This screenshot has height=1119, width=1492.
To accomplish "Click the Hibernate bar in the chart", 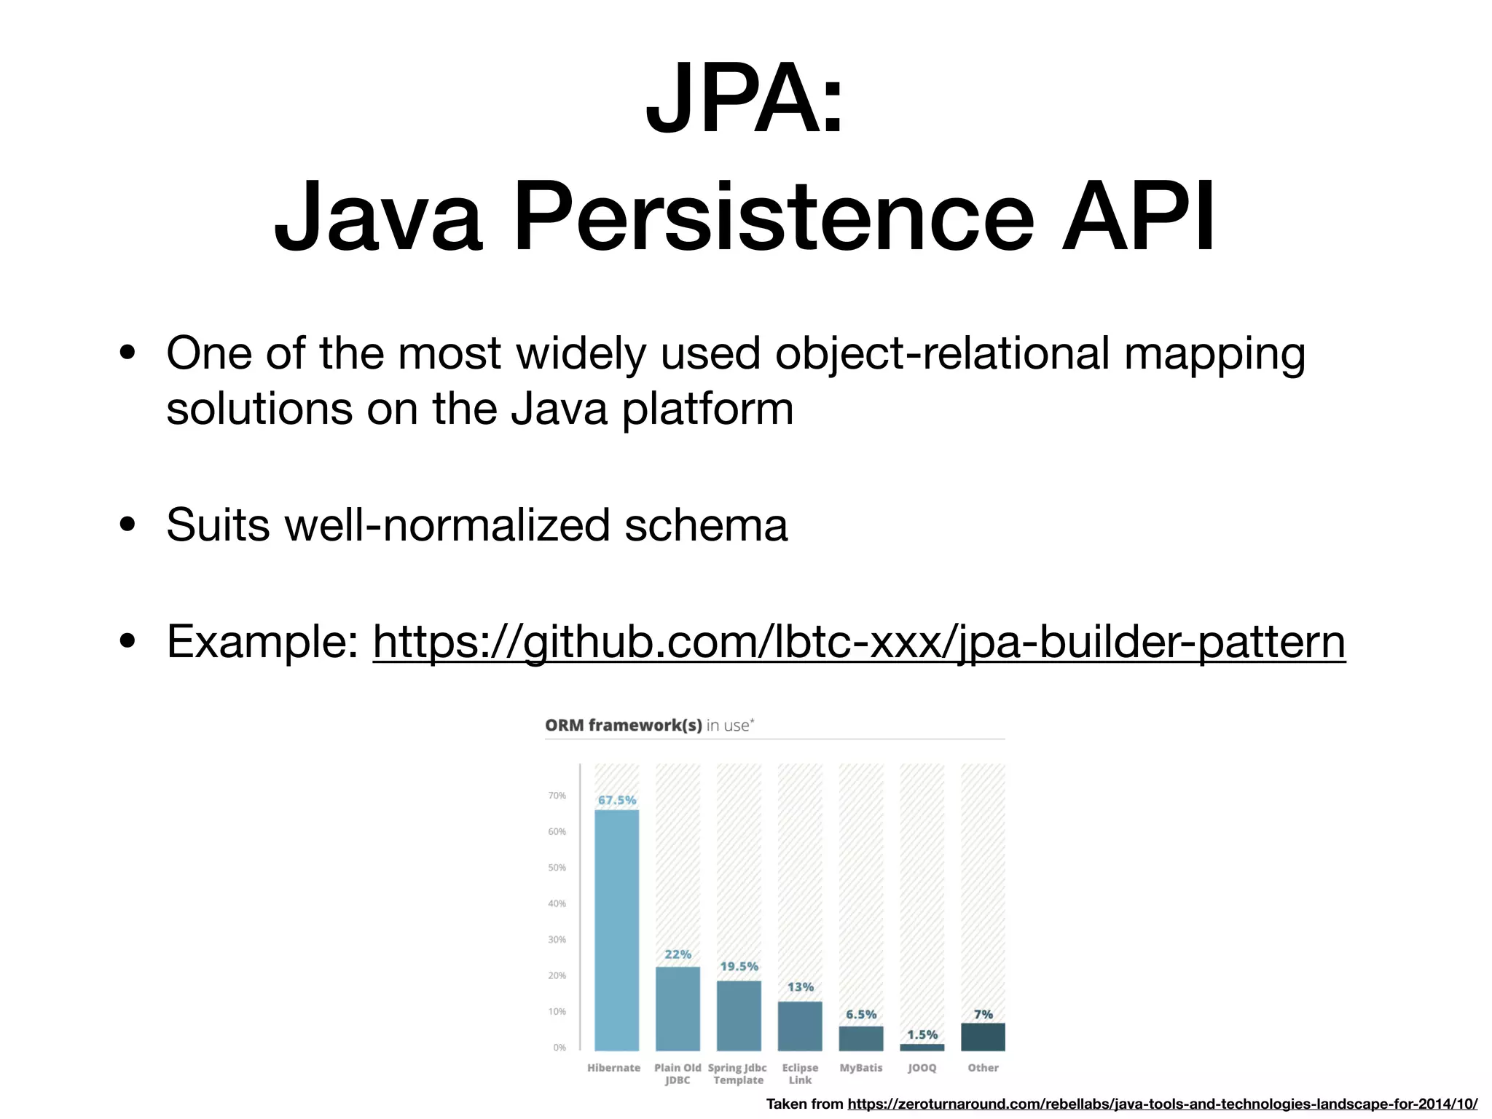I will pyautogui.click(x=616, y=930).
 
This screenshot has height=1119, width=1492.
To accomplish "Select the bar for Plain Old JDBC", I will pyautogui.click(x=678, y=1008).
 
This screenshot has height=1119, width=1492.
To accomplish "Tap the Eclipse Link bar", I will pyautogui.click(x=800, y=1026).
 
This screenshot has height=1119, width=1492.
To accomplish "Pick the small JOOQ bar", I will pyautogui.click(x=922, y=1047).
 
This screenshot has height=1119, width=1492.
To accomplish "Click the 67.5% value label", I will pyautogui.click(x=617, y=800).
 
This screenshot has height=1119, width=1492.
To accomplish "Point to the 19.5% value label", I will pyautogui.click(x=739, y=966).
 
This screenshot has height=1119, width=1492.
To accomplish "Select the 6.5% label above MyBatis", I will pyautogui.click(x=861, y=1014).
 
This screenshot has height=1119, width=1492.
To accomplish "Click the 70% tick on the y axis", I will pyautogui.click(x=557, y=796).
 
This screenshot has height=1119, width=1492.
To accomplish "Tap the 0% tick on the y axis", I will pyautogui.click(x=559, y=1048).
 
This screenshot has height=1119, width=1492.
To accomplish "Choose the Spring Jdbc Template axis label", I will pyautogui.click(x=737, y=1074).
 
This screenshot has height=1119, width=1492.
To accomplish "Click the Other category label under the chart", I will pyautogui.click(x=983, y=1067).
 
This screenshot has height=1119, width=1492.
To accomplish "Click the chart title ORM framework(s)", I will pyautogui.click(x=624, y=725).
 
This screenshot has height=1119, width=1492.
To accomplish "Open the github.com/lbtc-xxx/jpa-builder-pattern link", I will pyautogui.click(x=859, y=642).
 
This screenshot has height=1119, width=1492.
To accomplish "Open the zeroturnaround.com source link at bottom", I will pyautogui.click(x=1162, y=1104).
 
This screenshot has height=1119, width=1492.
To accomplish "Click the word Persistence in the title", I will pyautogui.click(x=774, y=217).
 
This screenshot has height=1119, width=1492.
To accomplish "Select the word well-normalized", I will pyautogui.click(x=447, y=525).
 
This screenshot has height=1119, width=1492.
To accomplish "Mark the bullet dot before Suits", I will pyautogui.click(x=128, y=525).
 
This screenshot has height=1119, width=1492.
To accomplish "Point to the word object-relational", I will pyautogui.click(x=942, y=354).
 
